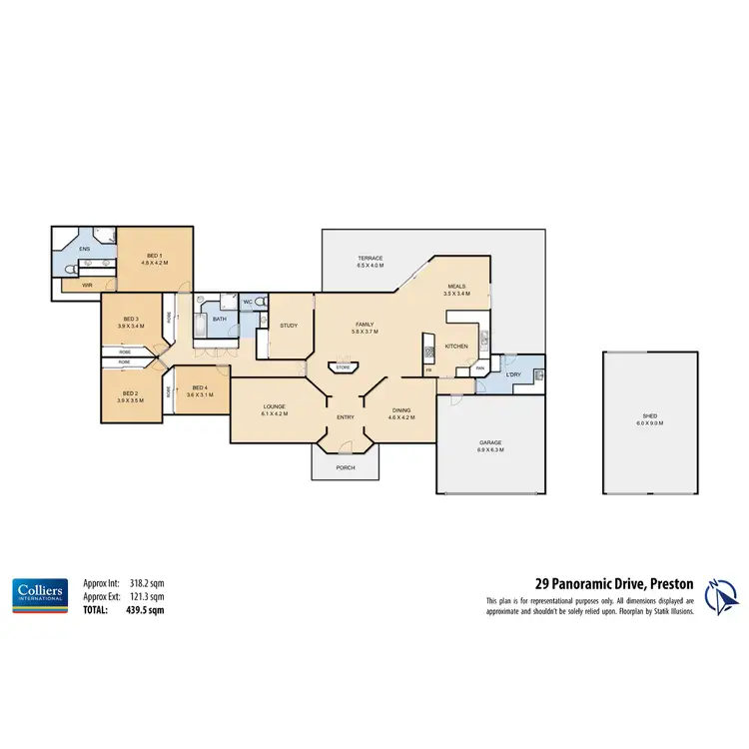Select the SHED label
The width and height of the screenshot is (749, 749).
(x=651, y=417)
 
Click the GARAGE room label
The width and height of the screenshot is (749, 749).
(x=489, y=442)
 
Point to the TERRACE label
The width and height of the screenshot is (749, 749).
(x=372, y=260)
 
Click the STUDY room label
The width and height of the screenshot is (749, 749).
(x=290, y=326)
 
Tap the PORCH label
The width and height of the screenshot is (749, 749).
(x=346, y=467)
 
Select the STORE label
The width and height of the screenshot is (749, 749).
(x=343, y=368)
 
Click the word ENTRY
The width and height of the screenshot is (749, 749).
(x=346, y=417)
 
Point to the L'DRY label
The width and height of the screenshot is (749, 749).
(x=513, y=375)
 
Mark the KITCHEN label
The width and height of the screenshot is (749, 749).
(x=456, y=347)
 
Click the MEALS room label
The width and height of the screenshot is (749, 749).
(x=457, y=288)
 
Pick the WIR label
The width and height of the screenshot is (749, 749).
(x=88, y=286)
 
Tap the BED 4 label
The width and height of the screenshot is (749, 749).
(x=198, y=387)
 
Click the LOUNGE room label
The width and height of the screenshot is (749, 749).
(x=275, y=407)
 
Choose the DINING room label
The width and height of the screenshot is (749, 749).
(x=400, y=409)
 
